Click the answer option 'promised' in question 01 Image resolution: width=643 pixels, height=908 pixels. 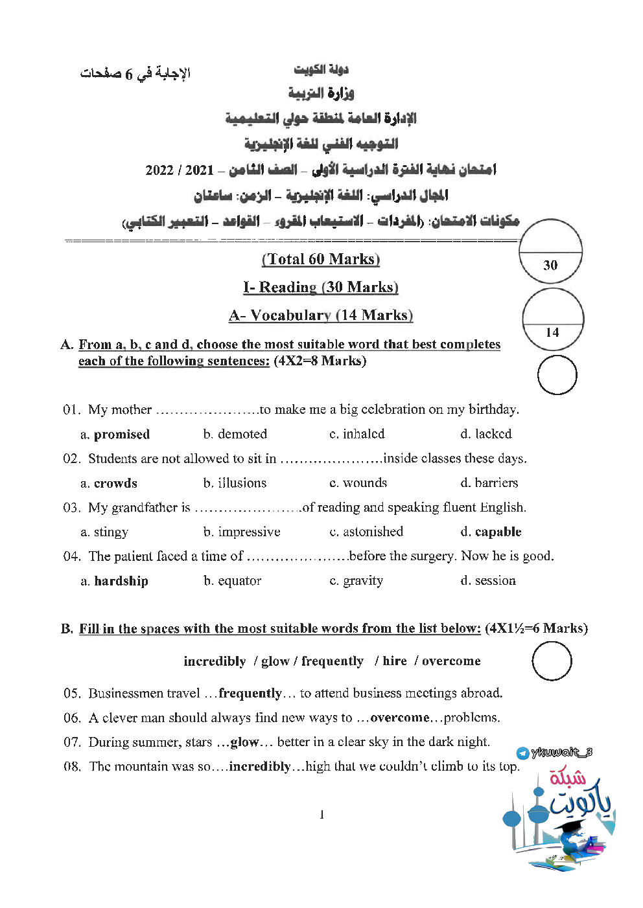121,435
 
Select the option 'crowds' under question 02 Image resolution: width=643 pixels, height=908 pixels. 115,483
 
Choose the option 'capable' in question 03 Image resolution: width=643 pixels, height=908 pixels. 498,532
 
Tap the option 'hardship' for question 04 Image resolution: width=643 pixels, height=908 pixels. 121,581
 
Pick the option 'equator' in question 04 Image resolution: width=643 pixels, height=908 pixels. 239,581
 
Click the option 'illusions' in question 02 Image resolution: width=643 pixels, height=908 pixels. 242,483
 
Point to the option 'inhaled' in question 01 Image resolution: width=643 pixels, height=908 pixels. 363,434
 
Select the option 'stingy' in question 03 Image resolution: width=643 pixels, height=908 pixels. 111,532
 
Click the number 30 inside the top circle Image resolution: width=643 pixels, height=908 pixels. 550,266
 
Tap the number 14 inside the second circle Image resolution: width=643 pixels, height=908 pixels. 552,333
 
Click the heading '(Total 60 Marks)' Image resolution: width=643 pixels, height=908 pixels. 321,259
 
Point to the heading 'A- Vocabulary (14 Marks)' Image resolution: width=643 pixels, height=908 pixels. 321,315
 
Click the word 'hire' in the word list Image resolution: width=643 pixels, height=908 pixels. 395,661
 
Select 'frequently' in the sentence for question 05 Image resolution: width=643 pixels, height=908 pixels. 250,693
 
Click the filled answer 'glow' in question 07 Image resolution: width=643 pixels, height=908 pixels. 244,742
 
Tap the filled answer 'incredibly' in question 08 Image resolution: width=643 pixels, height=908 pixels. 260,767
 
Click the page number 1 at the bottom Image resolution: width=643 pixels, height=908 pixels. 321,815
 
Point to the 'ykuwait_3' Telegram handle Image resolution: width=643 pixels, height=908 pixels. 561,753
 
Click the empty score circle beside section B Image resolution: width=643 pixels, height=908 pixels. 552,661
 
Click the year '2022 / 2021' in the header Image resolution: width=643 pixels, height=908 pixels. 180,170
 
